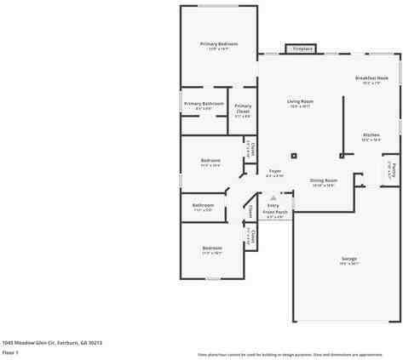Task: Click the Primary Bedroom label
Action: click(219, 43)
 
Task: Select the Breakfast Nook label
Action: click(371, 78)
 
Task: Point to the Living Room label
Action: click(300, 101)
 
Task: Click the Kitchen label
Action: click(371, 135)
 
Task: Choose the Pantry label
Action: click(390, 169)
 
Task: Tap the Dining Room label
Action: click(323, 180)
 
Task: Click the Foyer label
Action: click(274, 171)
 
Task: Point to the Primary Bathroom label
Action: click(204, 104)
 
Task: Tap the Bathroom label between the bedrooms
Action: click(203, 205)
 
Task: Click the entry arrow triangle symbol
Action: click(273, 197)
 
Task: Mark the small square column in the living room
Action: click(294, 155)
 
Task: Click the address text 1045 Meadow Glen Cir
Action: click(52, 341)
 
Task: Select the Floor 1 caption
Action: click(10, 351)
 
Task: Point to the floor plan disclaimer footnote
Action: click(290, 354)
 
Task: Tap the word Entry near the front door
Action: click(273, 205)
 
